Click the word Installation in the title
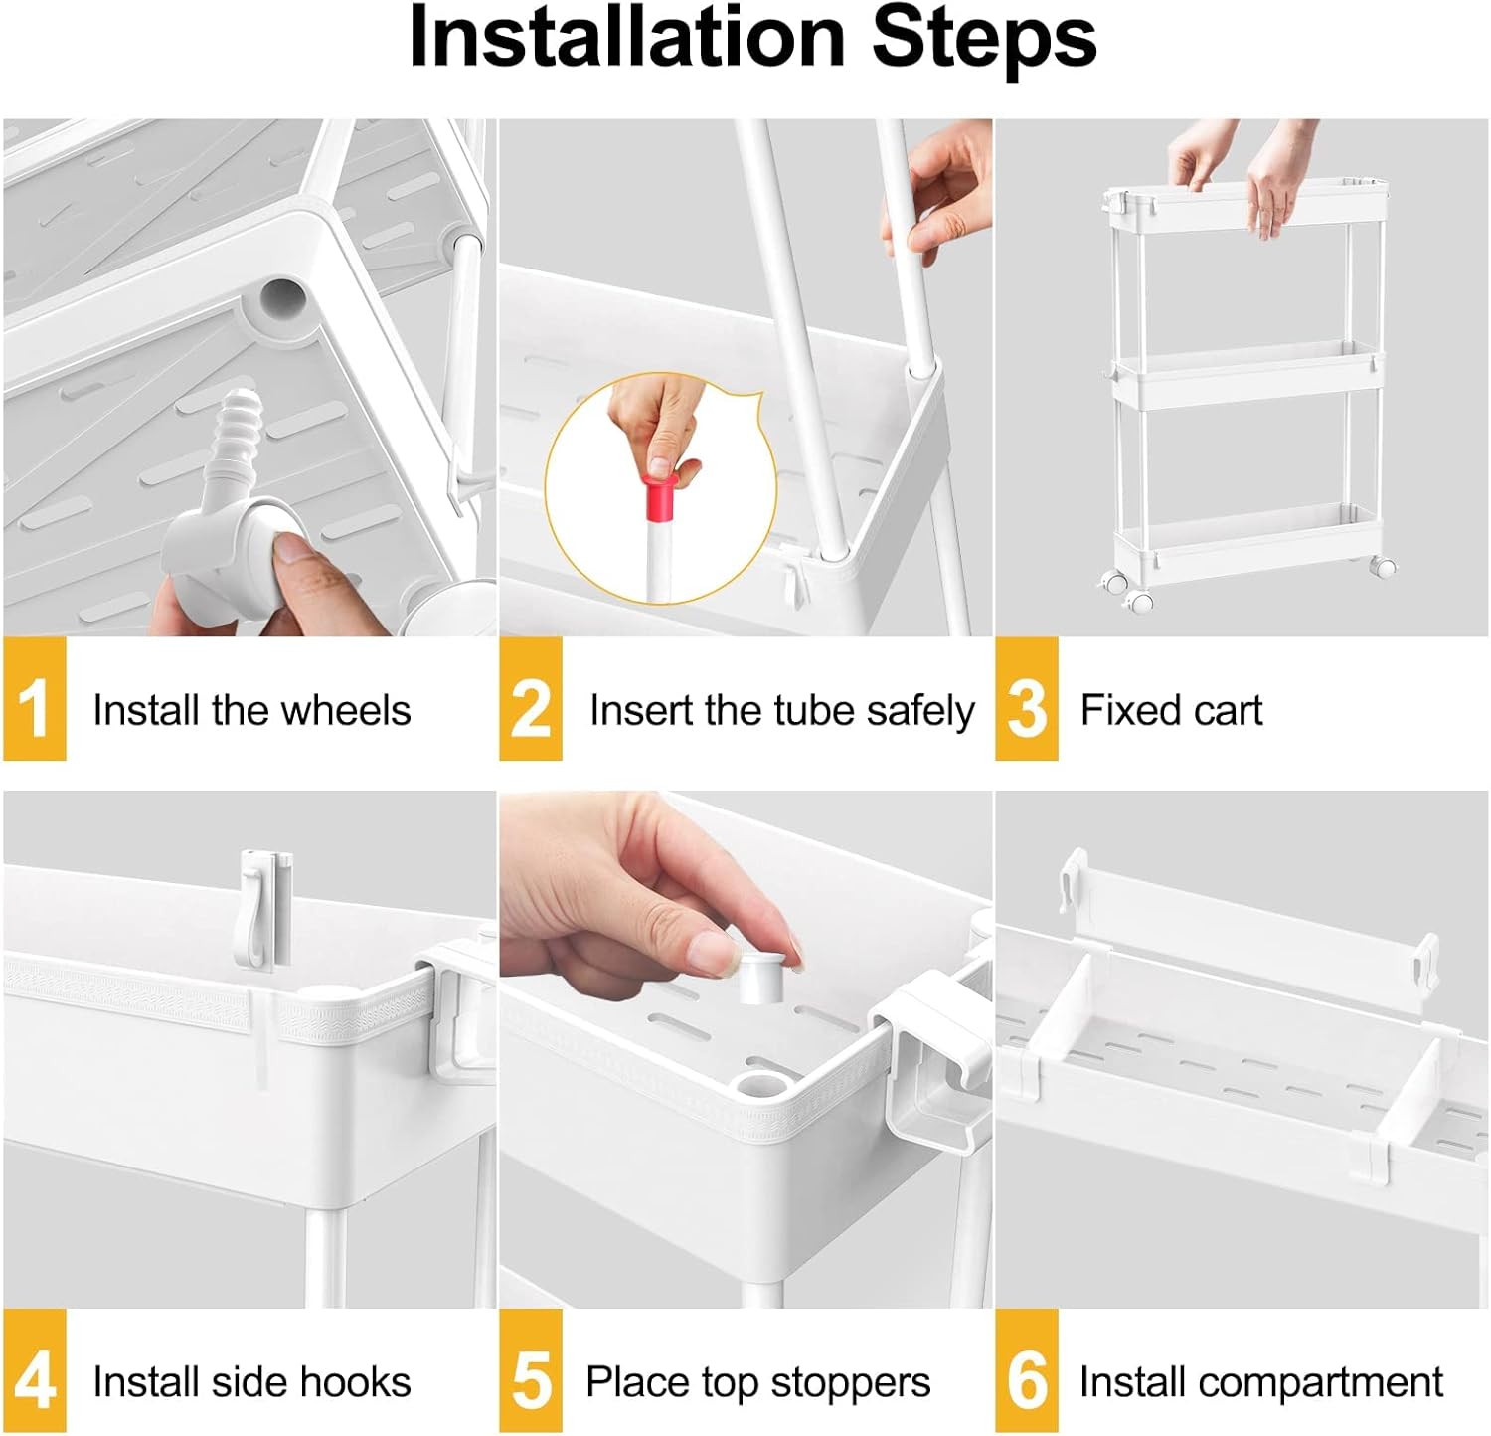[626, 38]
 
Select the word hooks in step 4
[355, 1382]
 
